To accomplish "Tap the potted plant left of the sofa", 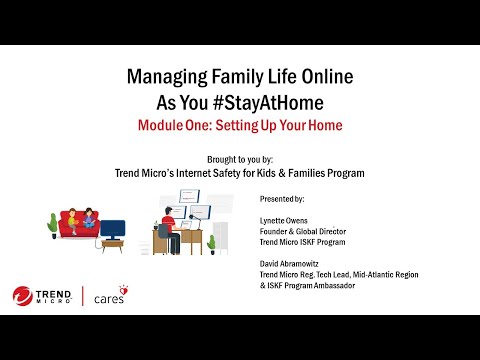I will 52,226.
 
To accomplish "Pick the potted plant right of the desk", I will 212,242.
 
